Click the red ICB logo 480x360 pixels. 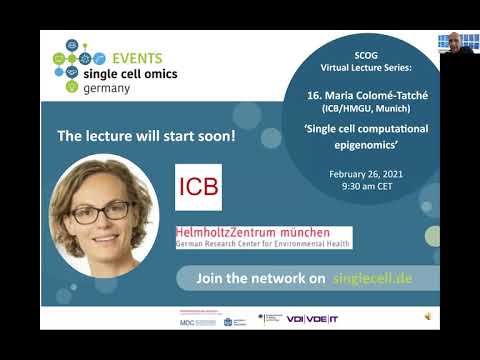(199, 187)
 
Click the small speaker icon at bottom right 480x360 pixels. (428, 316)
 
